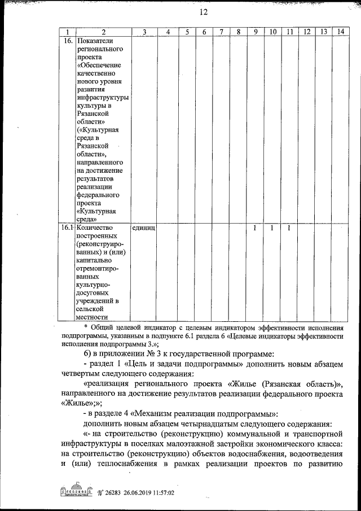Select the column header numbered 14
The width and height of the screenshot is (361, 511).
tap(340, 32)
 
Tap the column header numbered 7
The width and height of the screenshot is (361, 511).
tap(222, 32)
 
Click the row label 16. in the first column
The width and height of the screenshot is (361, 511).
tap(67, 42)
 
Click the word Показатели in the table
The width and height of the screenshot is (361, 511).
tap(95, 42)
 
